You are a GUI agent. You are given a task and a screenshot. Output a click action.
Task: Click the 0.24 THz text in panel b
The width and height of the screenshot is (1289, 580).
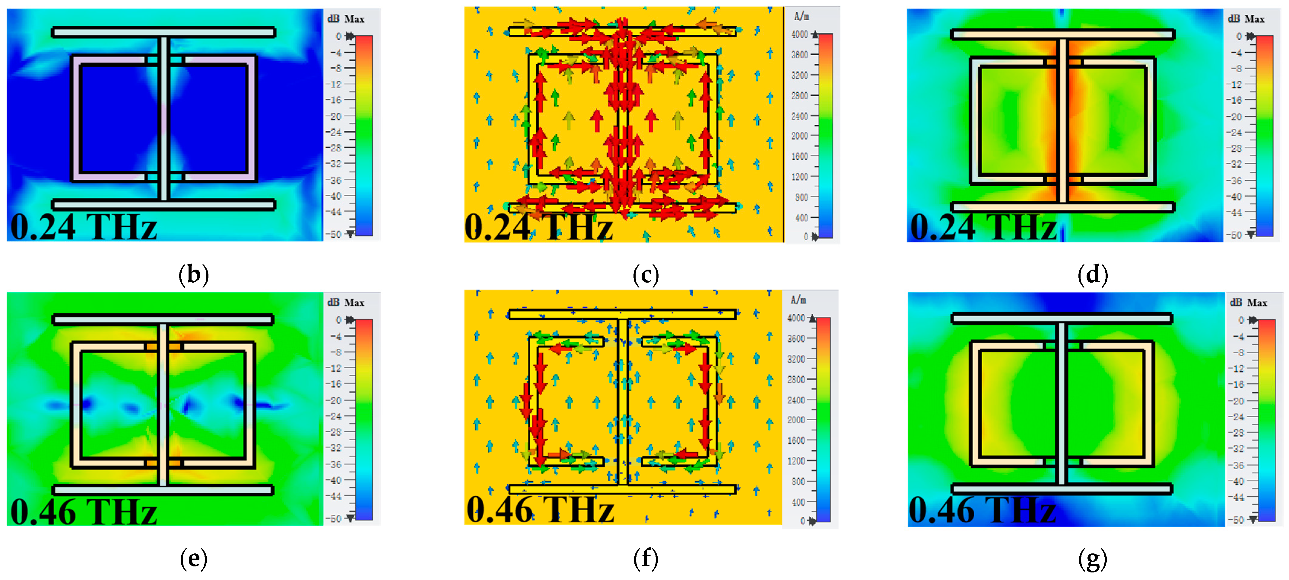click(84, 227)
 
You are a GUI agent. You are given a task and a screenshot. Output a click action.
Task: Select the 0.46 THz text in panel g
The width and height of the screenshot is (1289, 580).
click(982, 510)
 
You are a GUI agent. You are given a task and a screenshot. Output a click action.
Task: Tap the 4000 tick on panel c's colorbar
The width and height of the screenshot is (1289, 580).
click(800, 34)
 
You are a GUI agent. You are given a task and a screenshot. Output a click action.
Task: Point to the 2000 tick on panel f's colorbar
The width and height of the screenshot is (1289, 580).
click(797, 420)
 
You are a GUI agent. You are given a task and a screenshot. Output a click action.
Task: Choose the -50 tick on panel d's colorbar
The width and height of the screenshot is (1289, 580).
click(1236, 235)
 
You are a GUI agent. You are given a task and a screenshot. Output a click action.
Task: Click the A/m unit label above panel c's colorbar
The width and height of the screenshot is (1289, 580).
click(802, 17)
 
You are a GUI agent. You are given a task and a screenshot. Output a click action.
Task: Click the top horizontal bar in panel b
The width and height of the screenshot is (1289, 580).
click(164, 33)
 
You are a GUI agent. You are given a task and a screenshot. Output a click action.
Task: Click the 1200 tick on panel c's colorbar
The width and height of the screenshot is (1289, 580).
click(800, 177)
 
